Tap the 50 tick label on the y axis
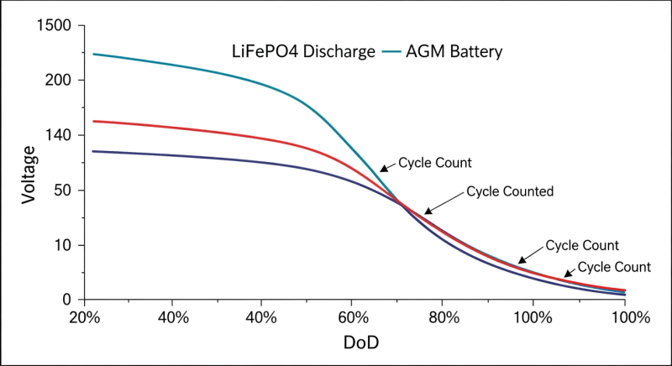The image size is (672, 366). click(x=65, y=191)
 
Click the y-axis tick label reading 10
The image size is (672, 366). click(x=65, y=245)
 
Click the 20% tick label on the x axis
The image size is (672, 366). click(x=82, y=318)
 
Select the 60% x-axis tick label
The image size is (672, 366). click(x=353, y=318)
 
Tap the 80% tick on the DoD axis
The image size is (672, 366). click(x=443, y=318)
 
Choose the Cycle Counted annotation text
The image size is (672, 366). click(x=509, y=191)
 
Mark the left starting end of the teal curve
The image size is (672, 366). click(x=93, y=55)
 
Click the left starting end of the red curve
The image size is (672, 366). click(x=93, y=122)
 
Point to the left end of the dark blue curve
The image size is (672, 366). click(x=93, y=151)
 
